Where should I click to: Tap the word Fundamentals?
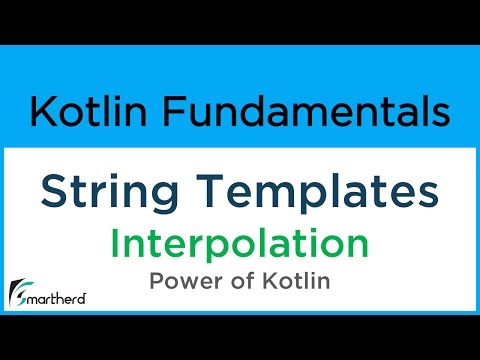[x=302, y=111]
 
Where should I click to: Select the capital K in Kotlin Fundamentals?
[x=43, y=111]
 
